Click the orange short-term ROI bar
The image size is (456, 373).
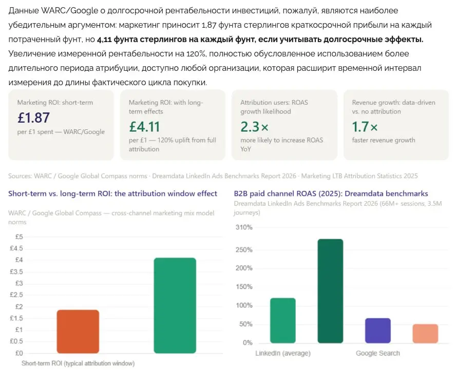click(x=78, y=331)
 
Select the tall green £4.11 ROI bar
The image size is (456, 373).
click(x=175, y=306)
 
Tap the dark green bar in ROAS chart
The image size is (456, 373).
click(x=330, y=291)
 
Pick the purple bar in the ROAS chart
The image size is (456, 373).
click(x=378, y=330)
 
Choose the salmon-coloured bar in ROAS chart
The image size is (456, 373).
click(x=425, y=333)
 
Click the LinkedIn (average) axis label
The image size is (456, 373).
click(x=283, y=353)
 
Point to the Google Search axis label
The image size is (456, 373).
click(x=378, y=353)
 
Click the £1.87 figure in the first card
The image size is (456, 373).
click(x=34, y=117)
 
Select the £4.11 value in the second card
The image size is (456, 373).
click(x=144, y=127)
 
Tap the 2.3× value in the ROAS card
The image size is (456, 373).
click(x=255, y=127)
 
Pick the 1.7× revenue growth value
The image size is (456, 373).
click(x=365, y=127)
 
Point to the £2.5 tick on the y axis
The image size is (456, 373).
click(x=16, y=295)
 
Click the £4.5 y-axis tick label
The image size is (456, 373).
click(x=16, y=248)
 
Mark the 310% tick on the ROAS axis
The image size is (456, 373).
click(x=244, y=227)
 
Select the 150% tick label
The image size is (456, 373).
click(x=244, y=287)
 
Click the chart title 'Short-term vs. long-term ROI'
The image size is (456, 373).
click(x=112, y=193)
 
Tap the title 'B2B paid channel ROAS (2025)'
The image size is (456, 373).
click(x=331, y=193)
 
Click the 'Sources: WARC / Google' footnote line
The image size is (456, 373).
click(x=213, y=176)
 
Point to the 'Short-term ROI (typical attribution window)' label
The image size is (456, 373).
click(x=78, y=363)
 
